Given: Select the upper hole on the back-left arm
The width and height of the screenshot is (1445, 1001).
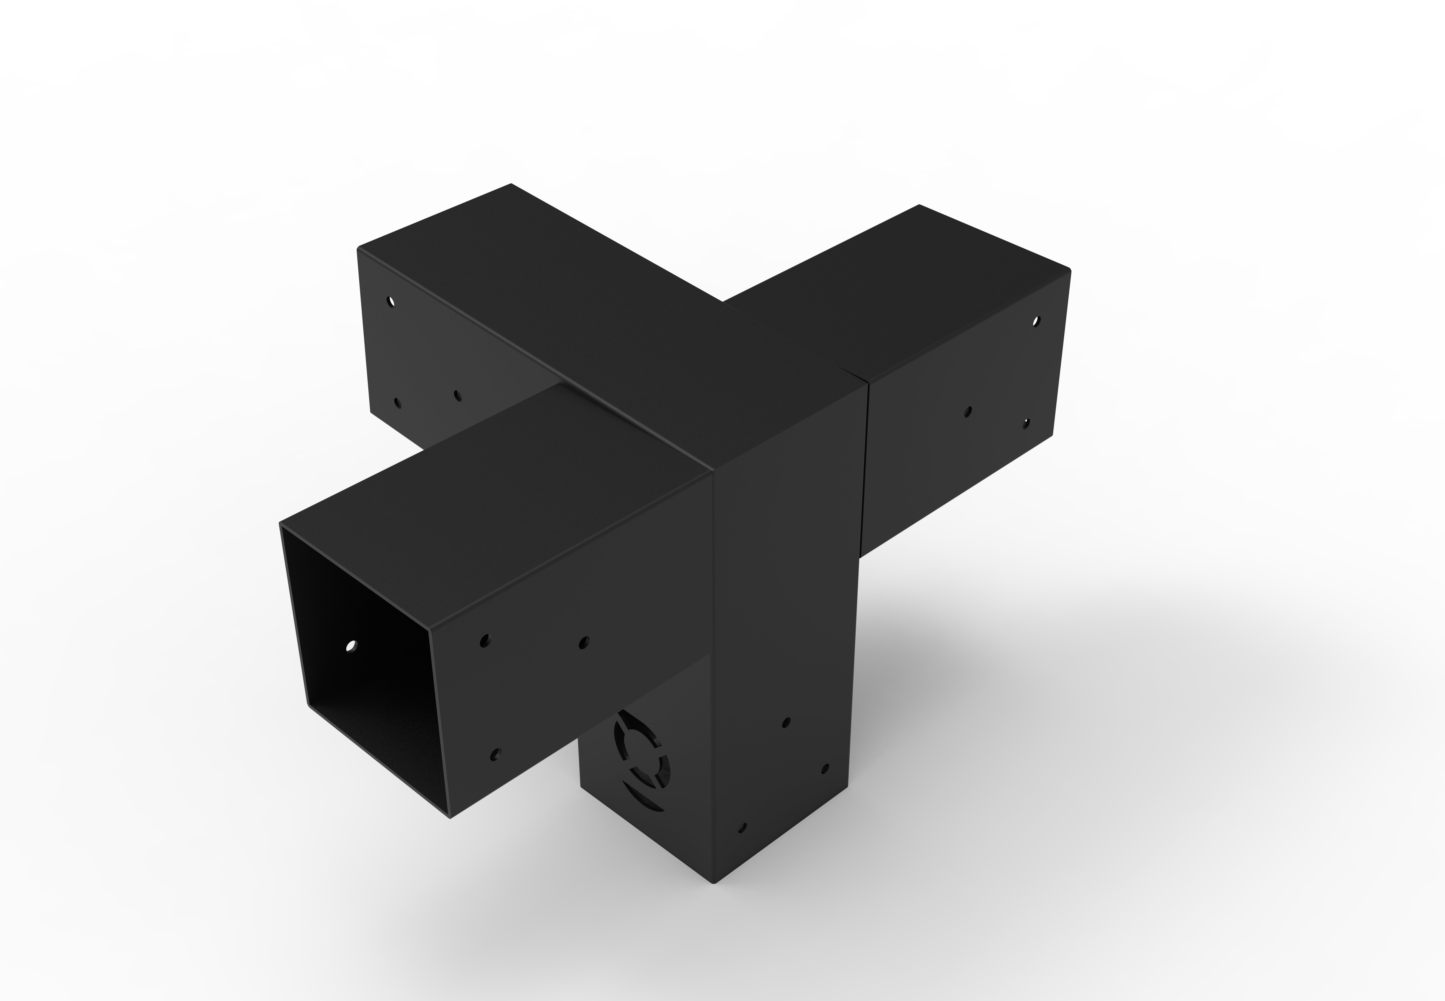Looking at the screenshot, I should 391,302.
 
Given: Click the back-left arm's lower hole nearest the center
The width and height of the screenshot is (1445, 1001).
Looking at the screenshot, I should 457,396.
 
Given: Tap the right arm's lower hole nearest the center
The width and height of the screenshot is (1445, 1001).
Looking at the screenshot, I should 968,412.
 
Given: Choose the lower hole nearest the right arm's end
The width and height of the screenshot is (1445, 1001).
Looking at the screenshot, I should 1026,424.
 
